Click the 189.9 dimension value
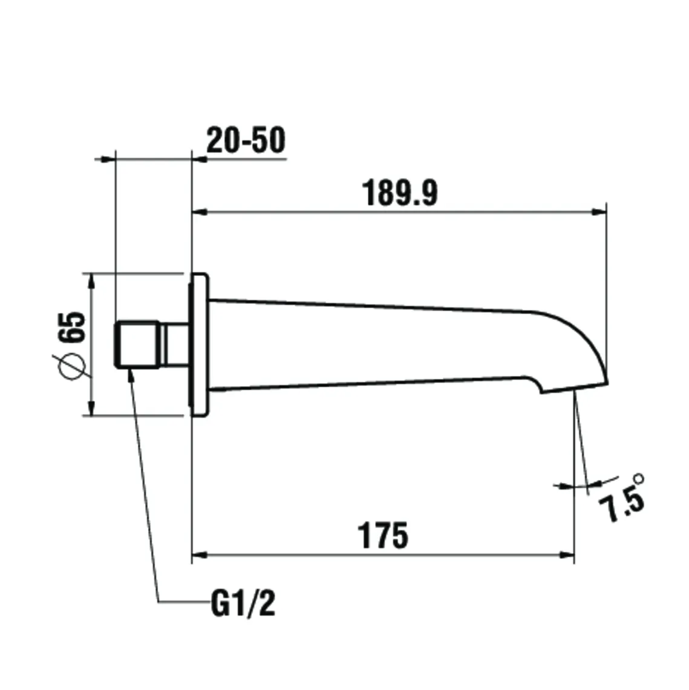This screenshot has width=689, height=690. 399,193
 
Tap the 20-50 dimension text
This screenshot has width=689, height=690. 245,141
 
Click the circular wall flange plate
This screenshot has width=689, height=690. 200,345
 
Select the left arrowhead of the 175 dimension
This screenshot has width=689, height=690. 198,553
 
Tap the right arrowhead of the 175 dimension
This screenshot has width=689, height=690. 567,553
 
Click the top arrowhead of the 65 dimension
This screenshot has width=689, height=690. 91,280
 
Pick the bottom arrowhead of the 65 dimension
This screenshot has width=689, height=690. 91,409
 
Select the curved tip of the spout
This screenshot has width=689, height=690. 590,345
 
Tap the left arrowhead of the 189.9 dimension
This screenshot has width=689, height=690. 199,212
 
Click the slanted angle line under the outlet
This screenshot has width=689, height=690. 581,442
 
